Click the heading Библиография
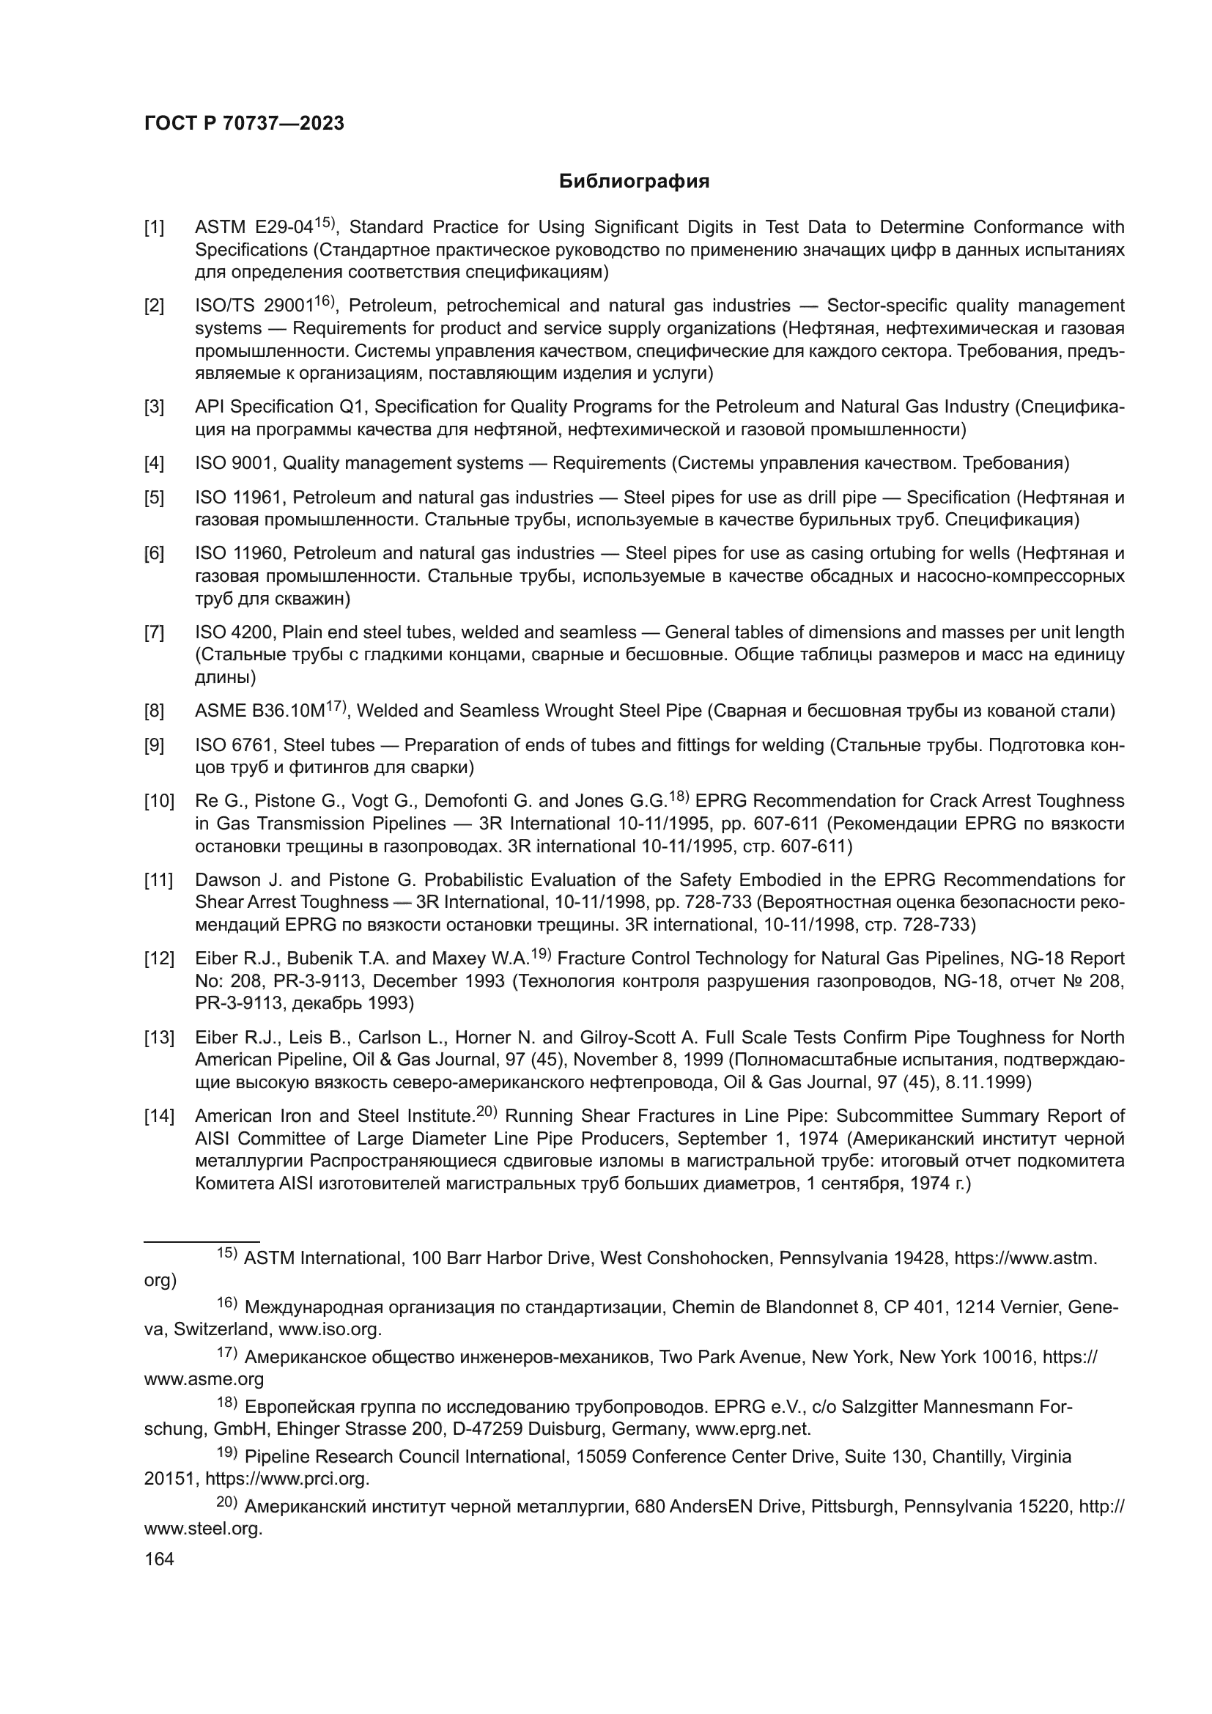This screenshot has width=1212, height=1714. click(634, 182)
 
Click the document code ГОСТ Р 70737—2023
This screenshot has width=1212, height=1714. click(244, 124)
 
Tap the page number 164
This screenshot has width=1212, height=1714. click(159, 1559)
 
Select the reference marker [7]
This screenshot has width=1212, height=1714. click(154, 633)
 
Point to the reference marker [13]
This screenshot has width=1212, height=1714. click(158, 1038)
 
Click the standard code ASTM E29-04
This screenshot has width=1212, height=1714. click(253, 228)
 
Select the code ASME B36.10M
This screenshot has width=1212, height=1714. click(259, 712)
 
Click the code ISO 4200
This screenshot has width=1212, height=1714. click(236, 633)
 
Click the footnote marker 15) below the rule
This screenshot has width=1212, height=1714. click(227, 1253)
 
